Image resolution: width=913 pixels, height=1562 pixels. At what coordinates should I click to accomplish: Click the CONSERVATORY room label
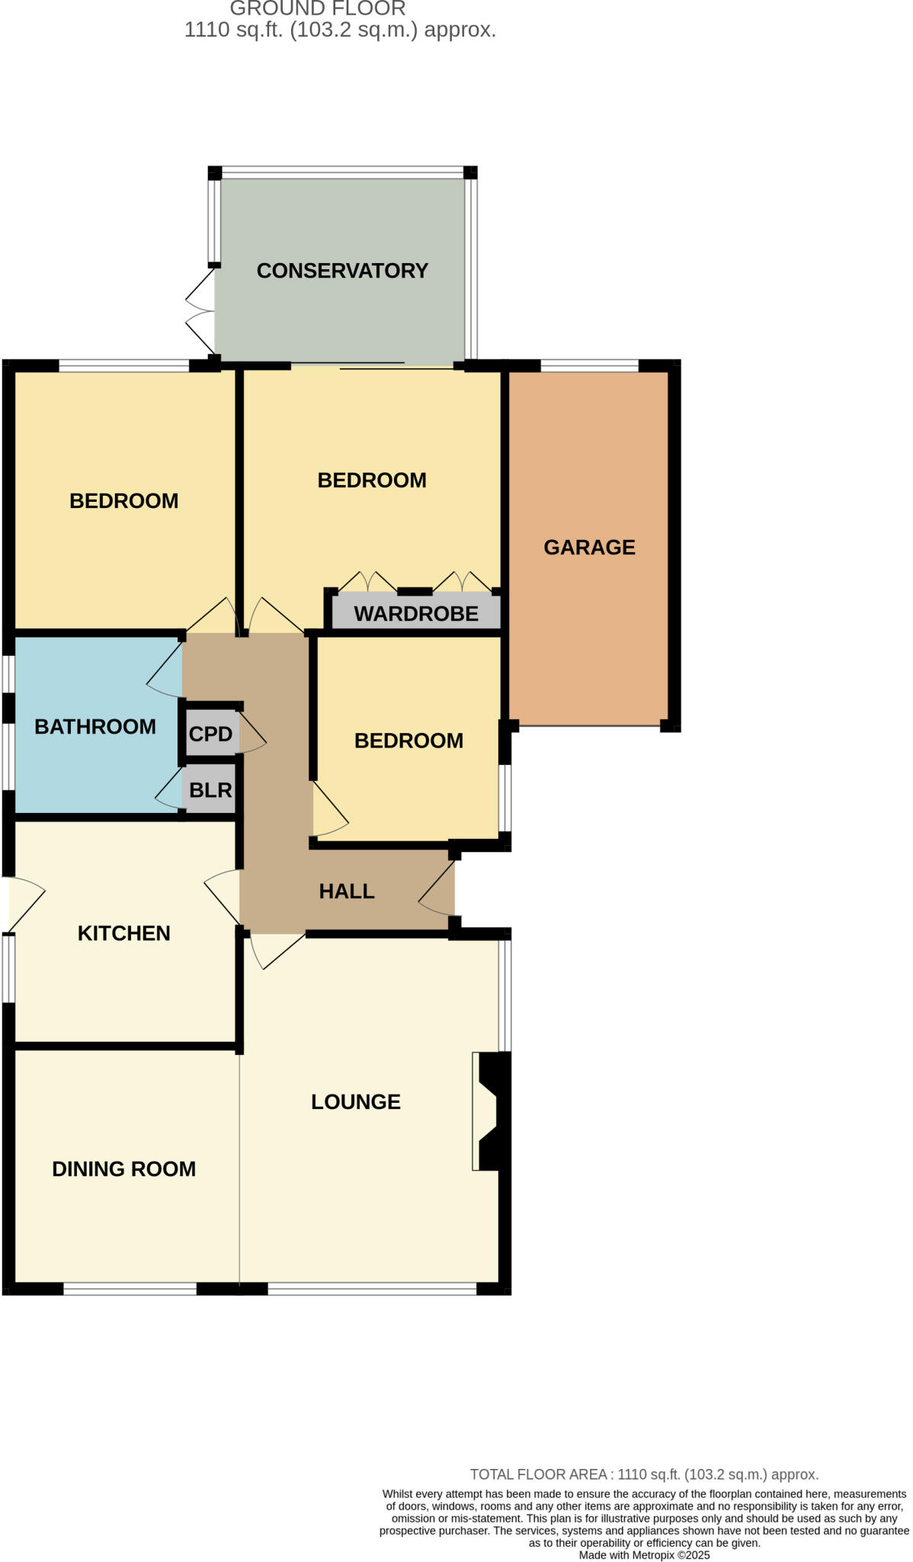(x=342, y=271)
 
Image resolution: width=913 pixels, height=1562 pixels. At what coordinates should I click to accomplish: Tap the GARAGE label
(x=589, y=547)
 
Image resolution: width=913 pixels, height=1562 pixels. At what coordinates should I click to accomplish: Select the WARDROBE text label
(x=416, y=613)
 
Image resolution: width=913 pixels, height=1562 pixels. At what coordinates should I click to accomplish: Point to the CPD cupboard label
(x=210, y=734)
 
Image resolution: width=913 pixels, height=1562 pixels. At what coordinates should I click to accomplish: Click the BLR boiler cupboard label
(x=210, y=789)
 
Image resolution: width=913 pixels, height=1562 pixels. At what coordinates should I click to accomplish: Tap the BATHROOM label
(x=95, y=726)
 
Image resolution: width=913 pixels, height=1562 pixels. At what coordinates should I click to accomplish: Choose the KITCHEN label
(x=123, y=933)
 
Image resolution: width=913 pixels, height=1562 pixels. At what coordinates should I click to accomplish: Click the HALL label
(x=347, y=891)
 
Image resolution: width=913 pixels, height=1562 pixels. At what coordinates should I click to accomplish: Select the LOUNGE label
(x=356, y=1101)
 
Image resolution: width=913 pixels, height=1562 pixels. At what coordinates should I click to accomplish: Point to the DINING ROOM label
(x=123, y=1168)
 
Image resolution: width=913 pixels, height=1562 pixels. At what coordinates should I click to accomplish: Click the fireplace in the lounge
(x=489, y=1110)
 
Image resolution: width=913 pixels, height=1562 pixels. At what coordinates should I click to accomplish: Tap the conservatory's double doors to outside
(x=200, y=311)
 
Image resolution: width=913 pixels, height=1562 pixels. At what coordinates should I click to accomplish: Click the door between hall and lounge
(x=274, y=950)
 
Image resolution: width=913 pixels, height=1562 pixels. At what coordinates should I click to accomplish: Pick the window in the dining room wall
(x=130, y=1289)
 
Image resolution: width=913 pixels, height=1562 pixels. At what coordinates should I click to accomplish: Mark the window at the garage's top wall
(x=588, y=366)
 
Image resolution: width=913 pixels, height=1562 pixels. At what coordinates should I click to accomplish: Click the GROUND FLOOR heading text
(x=318, y=9)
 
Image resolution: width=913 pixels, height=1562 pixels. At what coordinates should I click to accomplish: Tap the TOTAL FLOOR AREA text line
(x=644, y=1474)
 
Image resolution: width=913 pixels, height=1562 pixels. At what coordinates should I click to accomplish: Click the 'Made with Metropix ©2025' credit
(x=644, y=1555)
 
